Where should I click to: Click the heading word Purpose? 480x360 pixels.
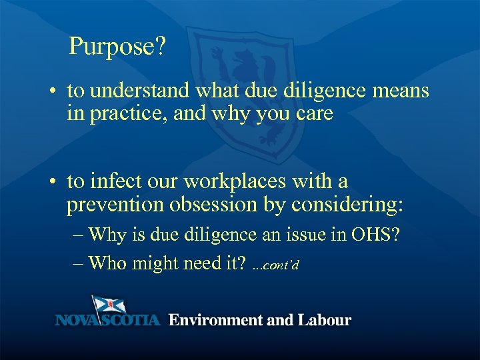coord(117,47)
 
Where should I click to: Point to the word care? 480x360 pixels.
coord(311,113)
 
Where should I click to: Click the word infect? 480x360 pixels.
coord(110,181)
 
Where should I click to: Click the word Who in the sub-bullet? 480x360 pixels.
coord(107,263)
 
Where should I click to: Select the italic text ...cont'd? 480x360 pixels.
coord(276,266)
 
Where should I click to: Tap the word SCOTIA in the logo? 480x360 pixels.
coord(132,321)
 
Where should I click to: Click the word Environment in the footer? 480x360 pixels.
coord(214,320)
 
